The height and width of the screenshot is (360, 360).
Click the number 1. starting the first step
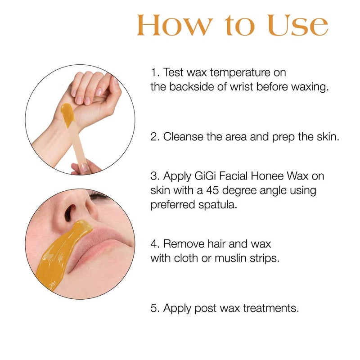tap(155, 72)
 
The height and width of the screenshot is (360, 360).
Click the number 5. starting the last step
tap(155, 309)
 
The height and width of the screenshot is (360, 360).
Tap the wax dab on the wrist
tap(67, 114)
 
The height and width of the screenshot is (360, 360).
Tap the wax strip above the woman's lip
tap(63, 252)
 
